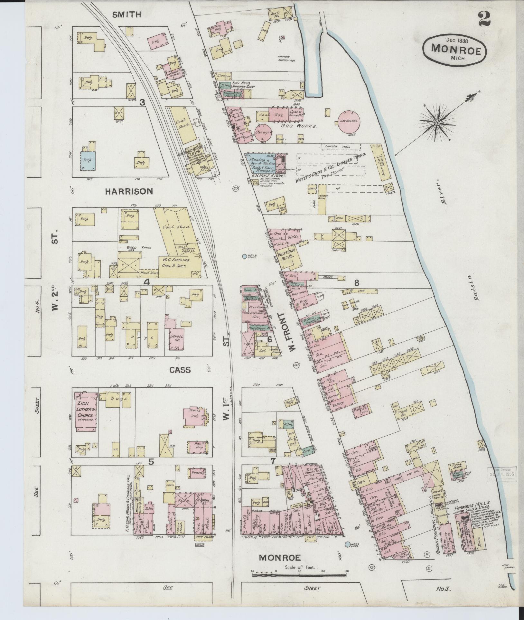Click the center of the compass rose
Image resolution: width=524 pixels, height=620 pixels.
pyautogui.click(x=438, y=123)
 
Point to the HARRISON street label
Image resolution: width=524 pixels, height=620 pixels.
pyautogui.click(x=128, y=191)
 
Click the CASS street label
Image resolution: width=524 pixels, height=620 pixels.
pyautogui.click(x=180, y=370)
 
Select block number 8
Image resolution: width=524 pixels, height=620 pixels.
pyautogui.click(x=356, y=283)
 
